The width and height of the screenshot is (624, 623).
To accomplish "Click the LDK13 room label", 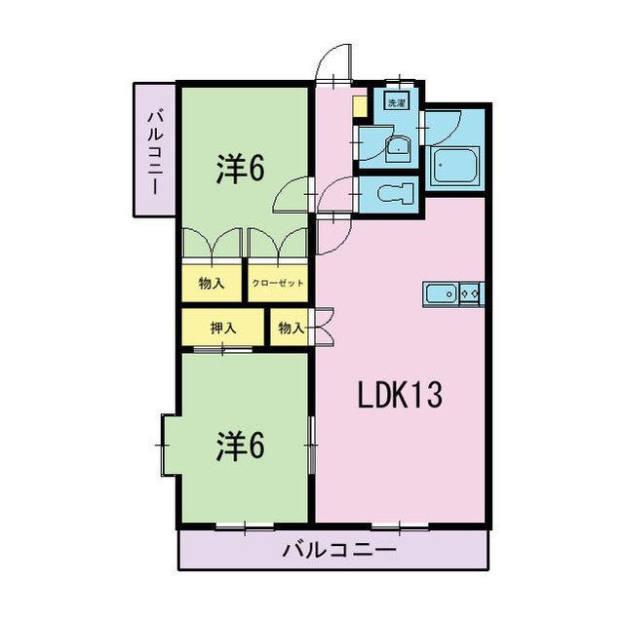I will click(x=400, y=395).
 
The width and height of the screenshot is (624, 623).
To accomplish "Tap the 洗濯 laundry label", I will click(x=397, y=101).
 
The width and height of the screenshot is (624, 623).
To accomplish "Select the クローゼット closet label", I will click(x=278, y=284).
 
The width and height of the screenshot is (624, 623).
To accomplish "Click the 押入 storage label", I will click(x=223, y=329).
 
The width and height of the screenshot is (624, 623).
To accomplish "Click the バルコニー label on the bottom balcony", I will click(x=339, y=551).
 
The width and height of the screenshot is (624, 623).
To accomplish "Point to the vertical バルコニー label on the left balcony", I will click(x=155, y=149).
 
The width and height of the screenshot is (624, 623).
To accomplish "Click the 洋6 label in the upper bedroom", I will click(x=240, y=170).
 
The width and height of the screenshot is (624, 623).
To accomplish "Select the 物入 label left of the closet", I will click(x=212, y=284).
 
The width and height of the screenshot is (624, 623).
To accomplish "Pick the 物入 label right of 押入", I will click(x=291, y=329).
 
